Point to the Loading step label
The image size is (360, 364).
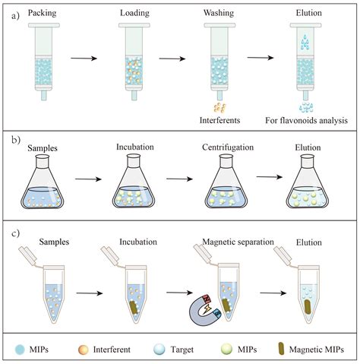135,13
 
